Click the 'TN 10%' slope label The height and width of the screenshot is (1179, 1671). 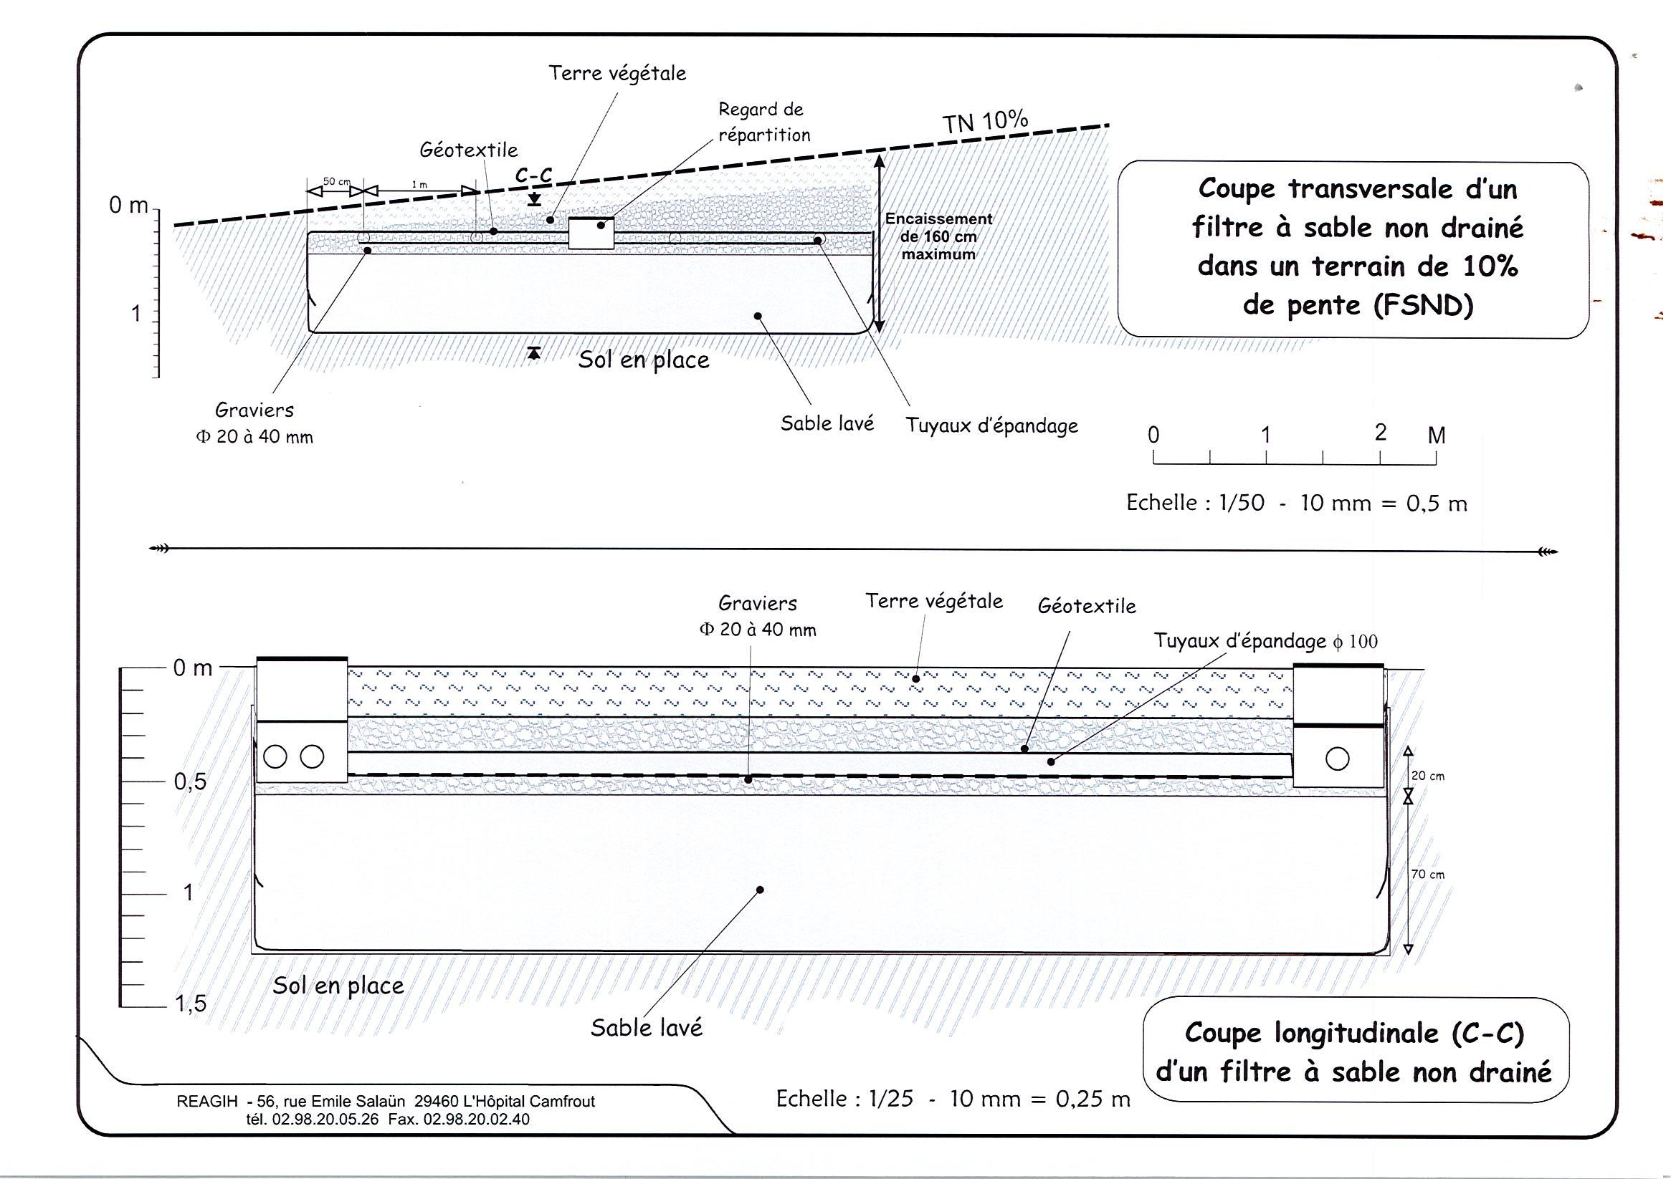click(x=986, y=122)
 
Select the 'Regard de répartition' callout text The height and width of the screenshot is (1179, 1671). click(x=763, y=122)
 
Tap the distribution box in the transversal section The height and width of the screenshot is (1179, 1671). click(x=590, y=233)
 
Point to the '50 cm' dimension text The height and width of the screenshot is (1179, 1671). click(x=336, y=181)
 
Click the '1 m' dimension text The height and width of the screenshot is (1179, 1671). click(x=419, y=185)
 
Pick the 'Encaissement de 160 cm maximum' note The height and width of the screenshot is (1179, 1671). click(x=938, y=236)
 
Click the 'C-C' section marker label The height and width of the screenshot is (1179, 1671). click(x=533, y=175)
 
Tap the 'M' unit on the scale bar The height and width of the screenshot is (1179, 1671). click(x=1436, y=435)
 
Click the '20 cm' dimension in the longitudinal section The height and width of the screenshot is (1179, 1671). click(x=1428, y=776)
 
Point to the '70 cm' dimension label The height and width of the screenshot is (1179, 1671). click(x=1428, y=875)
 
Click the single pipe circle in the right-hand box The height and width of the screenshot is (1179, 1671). click(x=1337, y=759)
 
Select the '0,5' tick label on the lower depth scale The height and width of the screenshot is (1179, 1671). click(x=190, y=782)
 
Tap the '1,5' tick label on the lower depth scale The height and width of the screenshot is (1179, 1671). click(x=190, y=1004)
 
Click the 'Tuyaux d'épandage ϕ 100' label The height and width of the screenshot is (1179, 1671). click(x=1265, y=641)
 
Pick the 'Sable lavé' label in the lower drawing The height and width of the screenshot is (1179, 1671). click(x=647, y=1028)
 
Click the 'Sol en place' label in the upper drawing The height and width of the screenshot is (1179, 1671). click(x=643, y=360)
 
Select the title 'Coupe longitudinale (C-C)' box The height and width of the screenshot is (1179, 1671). click(x=1354, y=1052)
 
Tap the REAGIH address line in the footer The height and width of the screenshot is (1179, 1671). click(x=385, y=1101)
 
